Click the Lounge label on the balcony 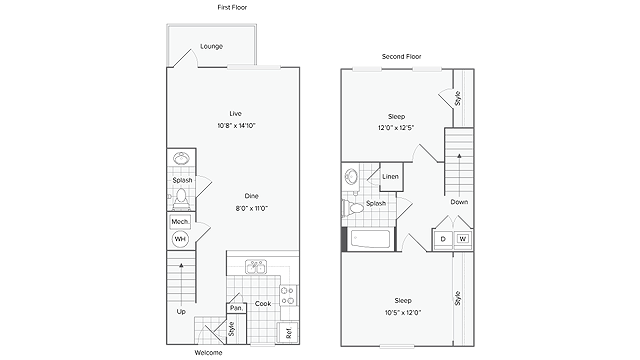[211, 47]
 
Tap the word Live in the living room [236, 114]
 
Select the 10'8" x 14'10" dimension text [236, 126]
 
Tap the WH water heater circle [181, 239]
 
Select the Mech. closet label [180, 222]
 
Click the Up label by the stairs [181, 311]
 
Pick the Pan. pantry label [237, 308]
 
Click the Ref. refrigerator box [286, 331]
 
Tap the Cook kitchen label [263, 304]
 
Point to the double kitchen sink [255, 267]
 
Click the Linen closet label [392, 178]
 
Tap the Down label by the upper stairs [459, 202]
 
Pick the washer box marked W [463, 240]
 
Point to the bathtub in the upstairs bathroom [372, 240]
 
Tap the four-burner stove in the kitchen [287, 296]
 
